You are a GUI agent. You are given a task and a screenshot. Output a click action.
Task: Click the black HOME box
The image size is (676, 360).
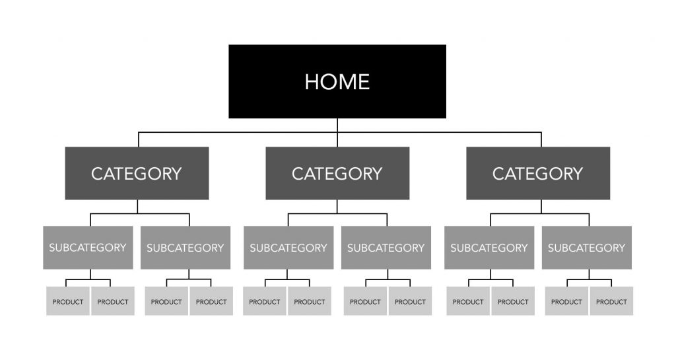[x=337, y=81]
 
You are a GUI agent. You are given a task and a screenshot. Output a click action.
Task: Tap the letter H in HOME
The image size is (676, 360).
[x=312, y=82]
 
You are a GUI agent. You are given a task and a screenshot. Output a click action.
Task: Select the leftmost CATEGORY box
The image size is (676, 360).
[x=137, y=173]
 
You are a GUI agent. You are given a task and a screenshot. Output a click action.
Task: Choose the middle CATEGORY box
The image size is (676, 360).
[x=337, y=173]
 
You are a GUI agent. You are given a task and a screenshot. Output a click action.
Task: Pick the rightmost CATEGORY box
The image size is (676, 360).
[x=538, y=173]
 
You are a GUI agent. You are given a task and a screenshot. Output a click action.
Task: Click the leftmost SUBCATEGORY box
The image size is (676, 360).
[x=88, y=248]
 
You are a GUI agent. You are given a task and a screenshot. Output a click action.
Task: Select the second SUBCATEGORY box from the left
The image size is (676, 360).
[x=186, y=248]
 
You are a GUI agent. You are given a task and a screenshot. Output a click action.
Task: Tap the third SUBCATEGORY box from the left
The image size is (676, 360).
[x=288, y=248]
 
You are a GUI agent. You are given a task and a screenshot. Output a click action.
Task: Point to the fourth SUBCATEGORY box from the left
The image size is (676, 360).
[x=386, y=248]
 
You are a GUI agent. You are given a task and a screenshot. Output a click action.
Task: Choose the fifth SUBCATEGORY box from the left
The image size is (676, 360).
[x=489, y=248]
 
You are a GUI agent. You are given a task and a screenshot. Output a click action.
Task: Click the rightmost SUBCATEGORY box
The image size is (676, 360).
[x=587, y=248]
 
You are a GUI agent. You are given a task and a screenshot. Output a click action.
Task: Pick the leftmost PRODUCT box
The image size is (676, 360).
[x=68, y=301]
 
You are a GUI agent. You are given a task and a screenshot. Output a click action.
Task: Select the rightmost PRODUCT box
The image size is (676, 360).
[x=612, y=301]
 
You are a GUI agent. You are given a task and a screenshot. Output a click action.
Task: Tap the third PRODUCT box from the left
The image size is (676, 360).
[x=166, y=301]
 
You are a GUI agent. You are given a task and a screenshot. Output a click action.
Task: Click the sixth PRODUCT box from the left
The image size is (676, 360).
[x=310, y=301]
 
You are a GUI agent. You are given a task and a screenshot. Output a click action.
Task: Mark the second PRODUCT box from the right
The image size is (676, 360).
[x=566, y=301]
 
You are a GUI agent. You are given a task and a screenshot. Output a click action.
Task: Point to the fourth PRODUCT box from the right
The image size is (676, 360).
[x=468, y=301]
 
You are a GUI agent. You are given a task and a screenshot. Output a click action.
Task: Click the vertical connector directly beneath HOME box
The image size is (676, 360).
[x=337, y=132]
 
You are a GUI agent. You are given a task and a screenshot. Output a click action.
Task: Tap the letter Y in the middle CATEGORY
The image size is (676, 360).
[x=376, y=174]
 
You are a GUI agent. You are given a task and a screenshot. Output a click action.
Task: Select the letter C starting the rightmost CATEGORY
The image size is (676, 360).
[x=499, y=174]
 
